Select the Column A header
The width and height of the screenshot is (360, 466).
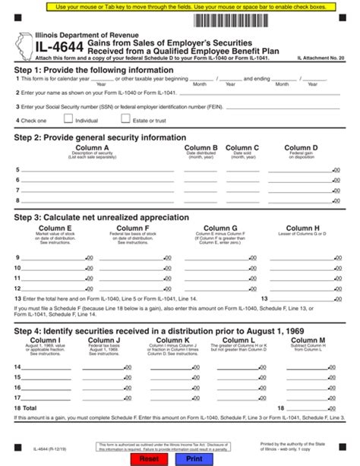click(x=93, y=148)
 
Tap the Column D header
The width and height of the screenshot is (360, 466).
click(x=301, y=148)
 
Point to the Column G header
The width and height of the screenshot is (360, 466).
click(x=219, y=228)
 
